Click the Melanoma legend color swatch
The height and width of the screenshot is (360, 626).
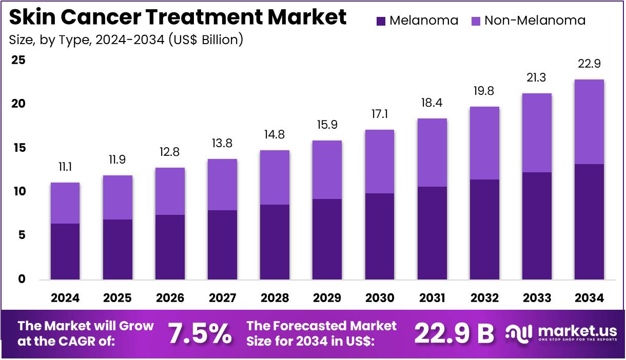pos(381,21)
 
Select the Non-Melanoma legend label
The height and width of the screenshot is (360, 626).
pos(535,21)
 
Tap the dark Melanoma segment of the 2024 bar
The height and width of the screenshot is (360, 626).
pos(65,251)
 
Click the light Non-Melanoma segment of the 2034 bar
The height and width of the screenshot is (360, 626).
pos(589,122)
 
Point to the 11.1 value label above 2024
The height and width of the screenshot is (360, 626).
pos(65,166)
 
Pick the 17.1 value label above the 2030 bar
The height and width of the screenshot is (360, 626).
pos(379,113)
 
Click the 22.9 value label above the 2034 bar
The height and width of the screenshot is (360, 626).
pos(589,64)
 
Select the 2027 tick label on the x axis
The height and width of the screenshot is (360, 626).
pos(222,298)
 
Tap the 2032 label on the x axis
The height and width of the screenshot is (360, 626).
pos(484,298)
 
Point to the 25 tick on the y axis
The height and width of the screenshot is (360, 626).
pos(18,60)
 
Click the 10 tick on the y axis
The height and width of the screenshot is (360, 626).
pos(18,192)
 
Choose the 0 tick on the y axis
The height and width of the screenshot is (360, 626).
pos(22,279)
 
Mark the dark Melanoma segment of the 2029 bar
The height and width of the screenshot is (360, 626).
pos(327,239)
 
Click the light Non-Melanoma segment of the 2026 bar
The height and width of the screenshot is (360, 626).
pos(170,191)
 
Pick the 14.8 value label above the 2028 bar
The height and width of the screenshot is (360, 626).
pos(275,134)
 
